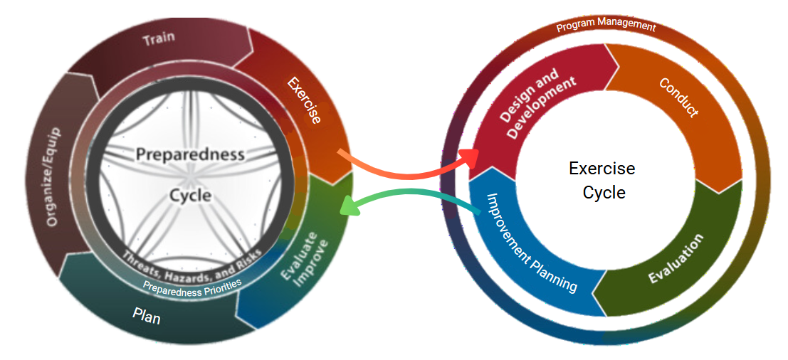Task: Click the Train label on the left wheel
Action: point(159,38)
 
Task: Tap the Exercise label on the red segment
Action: point(305,100)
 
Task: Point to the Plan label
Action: point(147,315)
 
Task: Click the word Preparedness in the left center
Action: point(190,154)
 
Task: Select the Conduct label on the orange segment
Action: point(679,97)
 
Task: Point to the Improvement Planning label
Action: point(531,243)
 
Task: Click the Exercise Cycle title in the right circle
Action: point(602,181)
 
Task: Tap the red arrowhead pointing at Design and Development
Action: point(471,158)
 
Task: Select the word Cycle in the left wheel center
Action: point(190,194)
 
